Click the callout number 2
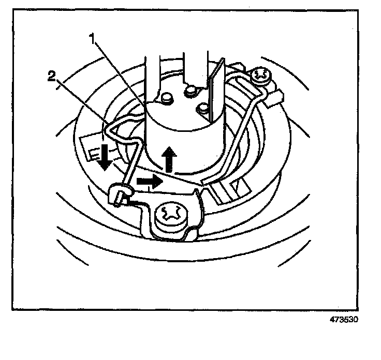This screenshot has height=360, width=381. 51,77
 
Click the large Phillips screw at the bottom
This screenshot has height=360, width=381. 171,214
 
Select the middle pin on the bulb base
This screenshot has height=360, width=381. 190,92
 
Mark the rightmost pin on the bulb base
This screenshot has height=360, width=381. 203,108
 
